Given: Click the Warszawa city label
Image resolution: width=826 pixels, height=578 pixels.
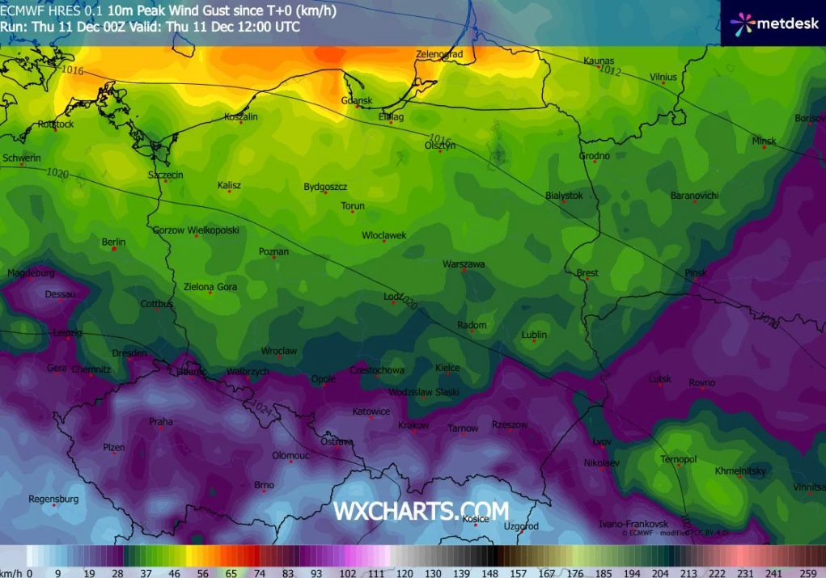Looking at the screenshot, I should pos(464,264).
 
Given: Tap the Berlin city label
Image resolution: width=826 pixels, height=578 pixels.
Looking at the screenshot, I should pos(113,242).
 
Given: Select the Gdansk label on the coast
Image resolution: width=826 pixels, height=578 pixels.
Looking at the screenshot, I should pos(357,100).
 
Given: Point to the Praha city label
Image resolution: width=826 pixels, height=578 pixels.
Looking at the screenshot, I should pos(160,421).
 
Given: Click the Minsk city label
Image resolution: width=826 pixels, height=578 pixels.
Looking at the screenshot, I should pos(764,141).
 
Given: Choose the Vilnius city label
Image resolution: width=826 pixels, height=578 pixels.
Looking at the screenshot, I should pos(663,77).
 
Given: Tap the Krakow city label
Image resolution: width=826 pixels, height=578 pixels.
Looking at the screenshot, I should pos(413,425).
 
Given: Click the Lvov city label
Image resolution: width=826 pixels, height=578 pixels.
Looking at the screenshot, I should pos(602,441).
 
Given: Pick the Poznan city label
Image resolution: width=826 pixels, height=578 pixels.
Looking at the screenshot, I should pos(273,251).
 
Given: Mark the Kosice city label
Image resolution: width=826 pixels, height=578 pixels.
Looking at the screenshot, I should pos(475,519).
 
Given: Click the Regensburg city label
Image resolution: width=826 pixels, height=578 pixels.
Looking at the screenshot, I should pos(53,499).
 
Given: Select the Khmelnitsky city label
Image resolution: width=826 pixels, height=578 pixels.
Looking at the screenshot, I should pos(739,470).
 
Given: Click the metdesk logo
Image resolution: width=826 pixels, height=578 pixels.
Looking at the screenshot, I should pos(774,23).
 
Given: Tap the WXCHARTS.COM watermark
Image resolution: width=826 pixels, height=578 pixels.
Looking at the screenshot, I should pos(421,511).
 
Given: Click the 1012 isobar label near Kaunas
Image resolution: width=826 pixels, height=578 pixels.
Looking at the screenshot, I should pos(609,71).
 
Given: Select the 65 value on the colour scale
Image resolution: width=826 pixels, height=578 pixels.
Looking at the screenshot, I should pos(231,572).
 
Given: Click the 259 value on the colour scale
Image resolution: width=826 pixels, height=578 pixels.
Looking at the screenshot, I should pos(807,572).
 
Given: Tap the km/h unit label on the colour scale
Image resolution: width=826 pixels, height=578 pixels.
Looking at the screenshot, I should pos(11,572).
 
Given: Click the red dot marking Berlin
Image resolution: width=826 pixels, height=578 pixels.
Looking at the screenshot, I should pos(114,249).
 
